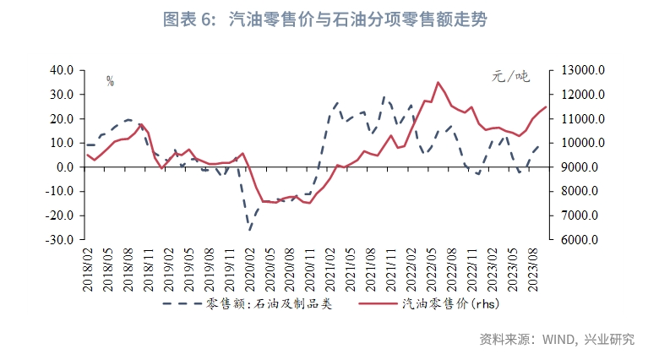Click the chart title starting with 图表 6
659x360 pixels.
pos(330,19)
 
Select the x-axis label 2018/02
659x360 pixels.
pos(88,269)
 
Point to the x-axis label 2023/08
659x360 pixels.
pos(534,269)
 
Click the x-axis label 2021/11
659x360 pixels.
pos(392,269)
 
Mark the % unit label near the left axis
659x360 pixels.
pos(110,81)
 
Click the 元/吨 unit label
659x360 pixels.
pos(510,77)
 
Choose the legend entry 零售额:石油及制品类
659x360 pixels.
pos(248,303)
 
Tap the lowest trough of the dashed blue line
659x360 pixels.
pos(249,229)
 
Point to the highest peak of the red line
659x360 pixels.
pos(438,82)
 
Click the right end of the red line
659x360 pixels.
pos(547,106)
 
